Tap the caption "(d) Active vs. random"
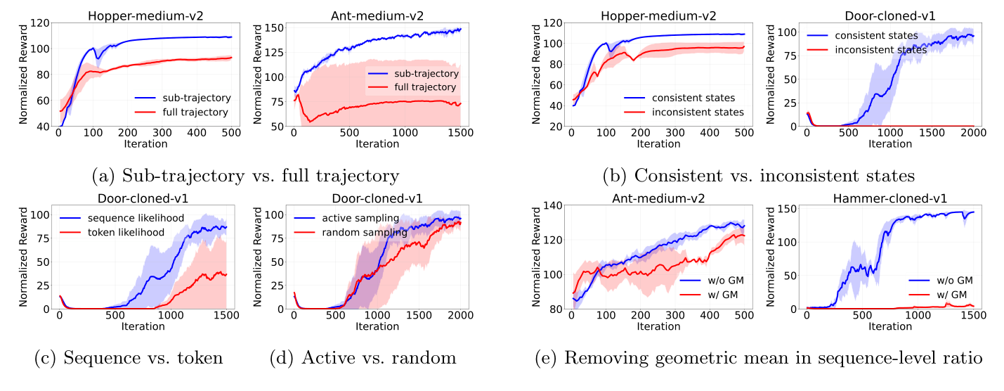point(363,358)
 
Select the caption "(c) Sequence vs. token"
point(129,358)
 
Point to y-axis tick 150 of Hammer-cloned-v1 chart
point(789,208)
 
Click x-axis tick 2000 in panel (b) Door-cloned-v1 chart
point(974,134)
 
